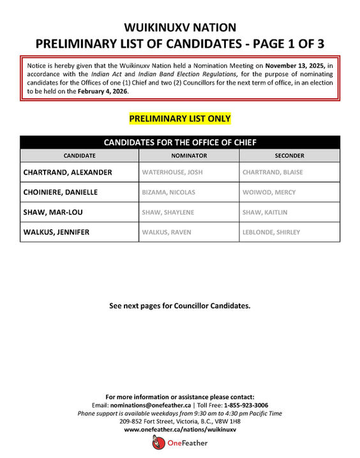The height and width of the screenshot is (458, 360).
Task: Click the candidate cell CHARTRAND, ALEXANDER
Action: coord(68,172)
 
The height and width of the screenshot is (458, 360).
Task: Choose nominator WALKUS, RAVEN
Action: coord(165,232)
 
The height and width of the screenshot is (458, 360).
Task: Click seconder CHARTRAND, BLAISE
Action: coord(273,172)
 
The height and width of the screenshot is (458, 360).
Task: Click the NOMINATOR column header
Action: coord(189,156)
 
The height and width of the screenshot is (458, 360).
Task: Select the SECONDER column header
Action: coord(289,156)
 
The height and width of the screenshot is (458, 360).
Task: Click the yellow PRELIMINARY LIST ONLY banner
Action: coord(179,119)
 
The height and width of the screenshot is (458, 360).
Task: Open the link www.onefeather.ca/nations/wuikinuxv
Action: coord(180,430)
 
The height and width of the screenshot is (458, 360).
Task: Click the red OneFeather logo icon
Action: coord(158,443)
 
